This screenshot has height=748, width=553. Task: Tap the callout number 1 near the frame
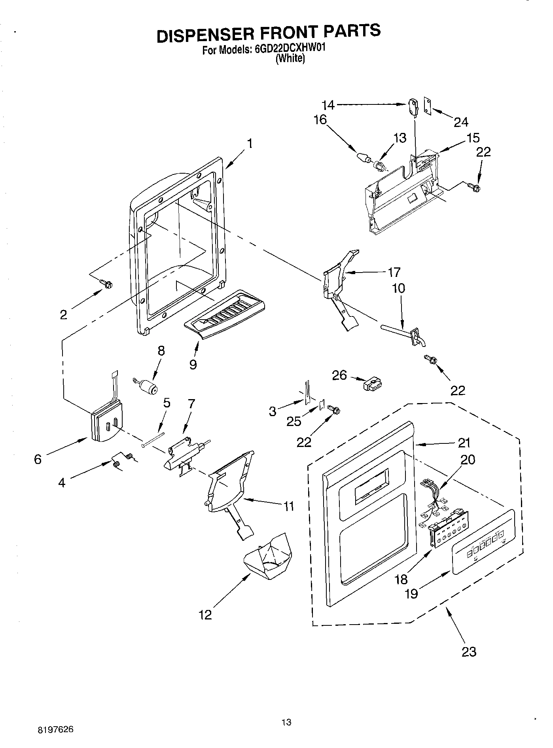tap(250, 143)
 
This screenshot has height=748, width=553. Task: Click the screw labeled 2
tap(106, 283)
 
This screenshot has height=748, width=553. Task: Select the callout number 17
tap(394, 272)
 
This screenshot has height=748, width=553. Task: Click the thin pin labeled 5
tap(153, 439)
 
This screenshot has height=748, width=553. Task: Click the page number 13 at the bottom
tap(286, 722)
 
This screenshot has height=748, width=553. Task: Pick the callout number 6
tap(38, 459)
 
